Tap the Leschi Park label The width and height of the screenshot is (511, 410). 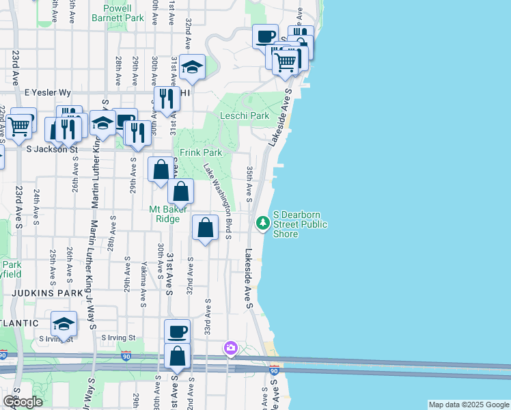245,116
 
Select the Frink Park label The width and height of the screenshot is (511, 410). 201,153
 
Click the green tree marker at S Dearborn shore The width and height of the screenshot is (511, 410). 262,223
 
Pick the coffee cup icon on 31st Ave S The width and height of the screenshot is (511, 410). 177,332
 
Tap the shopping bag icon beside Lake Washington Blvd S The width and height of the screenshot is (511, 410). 205,228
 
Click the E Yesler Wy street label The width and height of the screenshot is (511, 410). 48,92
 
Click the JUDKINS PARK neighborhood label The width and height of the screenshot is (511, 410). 38,292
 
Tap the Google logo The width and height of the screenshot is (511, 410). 23,402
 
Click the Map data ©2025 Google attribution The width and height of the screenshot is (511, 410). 469,405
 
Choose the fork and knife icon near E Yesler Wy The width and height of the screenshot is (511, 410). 167,100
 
